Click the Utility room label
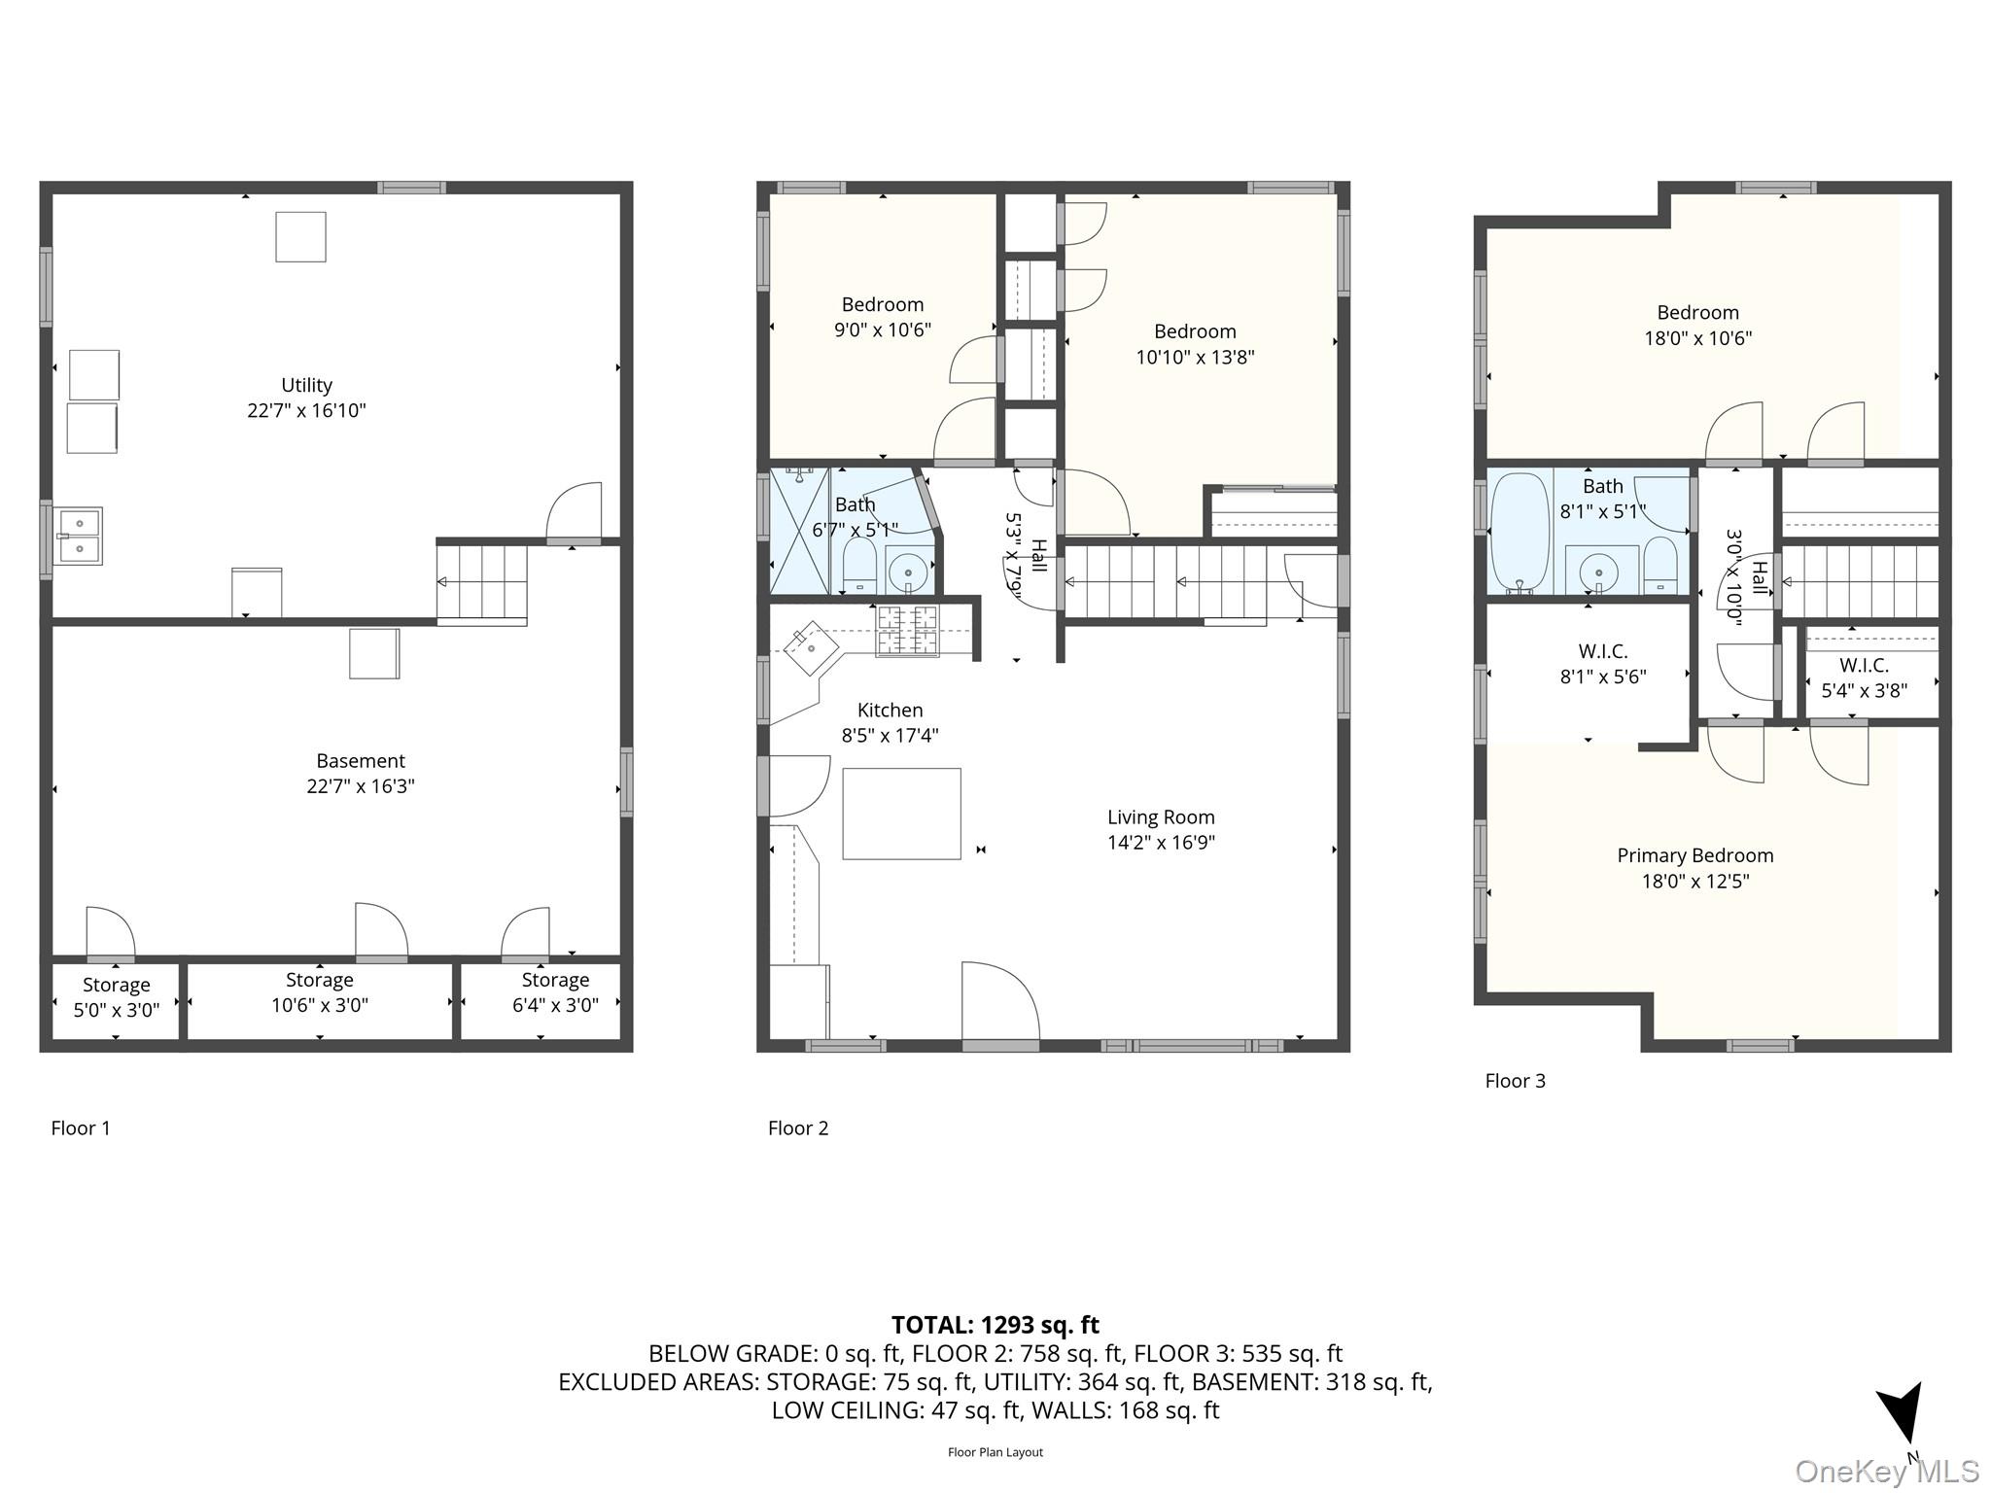tap(306, 385)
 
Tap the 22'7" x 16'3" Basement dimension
tap(360, 786)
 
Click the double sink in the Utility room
tap(79, 536)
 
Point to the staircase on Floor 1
tap(481, 582)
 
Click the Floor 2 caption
tap(797, 1128)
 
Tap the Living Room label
tap(1161, 817)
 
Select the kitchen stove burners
tap(908, 629)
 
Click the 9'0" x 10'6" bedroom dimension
tap(882, 330)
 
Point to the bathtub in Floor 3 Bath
tap(1519, 532)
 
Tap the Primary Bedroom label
tap(1694, 855)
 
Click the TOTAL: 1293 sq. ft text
tap(995, 1325)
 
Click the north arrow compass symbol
tap(1901, 1415)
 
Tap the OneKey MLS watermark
tap(1886, 1471)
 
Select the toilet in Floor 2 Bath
tap(858, 567)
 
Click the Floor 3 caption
tap(1515, 1081)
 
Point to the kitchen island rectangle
tap(901, 814)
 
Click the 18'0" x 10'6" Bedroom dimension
tap(1697, 338)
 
